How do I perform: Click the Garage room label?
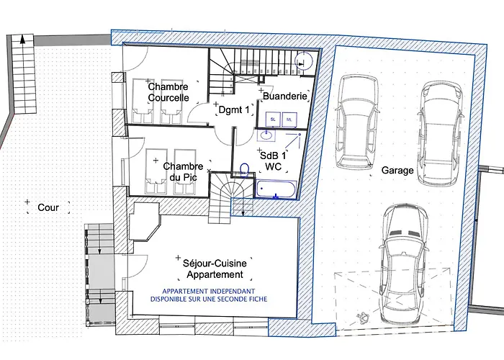pos(397,170)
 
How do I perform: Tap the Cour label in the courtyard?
pos(48,207)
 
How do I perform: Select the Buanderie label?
pos(285,96)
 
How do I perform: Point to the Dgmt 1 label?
pos(234,110)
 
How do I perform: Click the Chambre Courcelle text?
pos(168,92)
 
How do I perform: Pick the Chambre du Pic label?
pos(183,171)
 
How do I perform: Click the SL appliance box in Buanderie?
pos(273,120)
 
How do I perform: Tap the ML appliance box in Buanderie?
pos(289,120)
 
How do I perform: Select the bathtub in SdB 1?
pos(276,189)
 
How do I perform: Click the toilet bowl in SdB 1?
pos(244,171)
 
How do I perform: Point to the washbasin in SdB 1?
pos(266,135)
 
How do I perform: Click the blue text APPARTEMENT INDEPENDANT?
pos(209,291)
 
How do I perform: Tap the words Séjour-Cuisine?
pos(215,264)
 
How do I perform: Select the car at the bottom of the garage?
pos(404,264)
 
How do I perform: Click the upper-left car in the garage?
pos(357,122)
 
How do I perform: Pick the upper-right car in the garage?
pos(441,133)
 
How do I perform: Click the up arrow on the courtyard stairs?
pos(22,39)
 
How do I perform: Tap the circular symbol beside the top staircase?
pos(304,60)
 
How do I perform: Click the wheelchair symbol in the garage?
pos(363,318)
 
